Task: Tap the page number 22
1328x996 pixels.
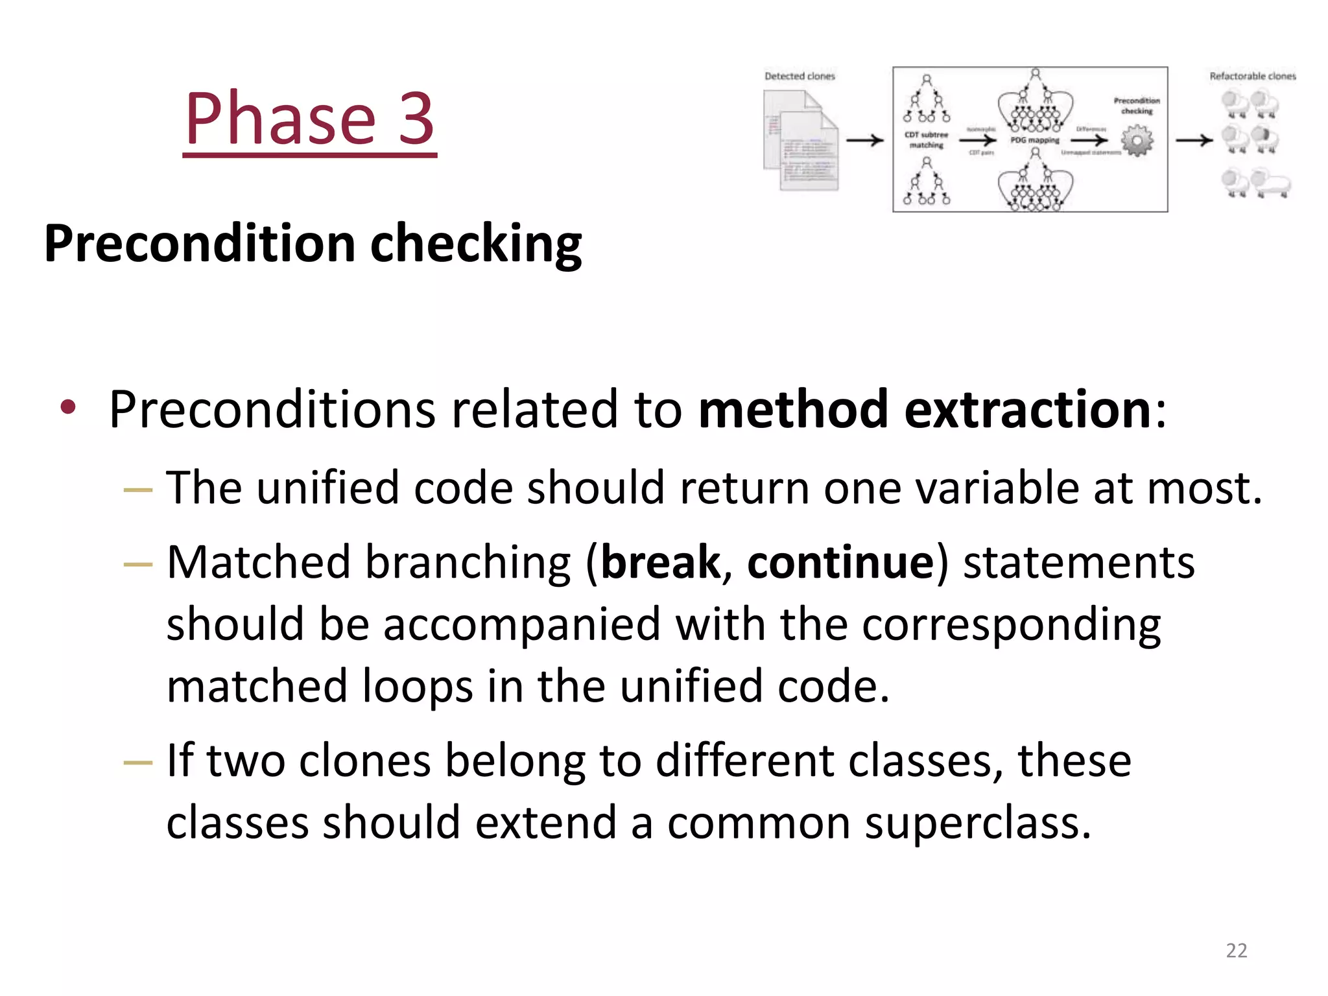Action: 1236,951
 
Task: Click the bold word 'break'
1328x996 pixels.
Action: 660,562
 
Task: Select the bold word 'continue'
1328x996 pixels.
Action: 840,562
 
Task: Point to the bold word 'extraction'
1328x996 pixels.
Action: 1027,410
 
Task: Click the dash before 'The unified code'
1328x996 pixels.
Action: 137,490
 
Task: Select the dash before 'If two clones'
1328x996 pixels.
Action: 137,763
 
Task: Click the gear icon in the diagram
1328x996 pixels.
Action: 1137,141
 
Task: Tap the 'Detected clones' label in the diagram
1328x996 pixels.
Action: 800,77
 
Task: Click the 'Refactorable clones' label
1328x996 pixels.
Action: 1252,77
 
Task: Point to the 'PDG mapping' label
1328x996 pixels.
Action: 1034,140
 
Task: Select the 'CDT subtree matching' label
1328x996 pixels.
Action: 926,140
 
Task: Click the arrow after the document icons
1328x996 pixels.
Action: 865,140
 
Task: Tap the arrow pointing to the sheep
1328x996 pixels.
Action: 1193,140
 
